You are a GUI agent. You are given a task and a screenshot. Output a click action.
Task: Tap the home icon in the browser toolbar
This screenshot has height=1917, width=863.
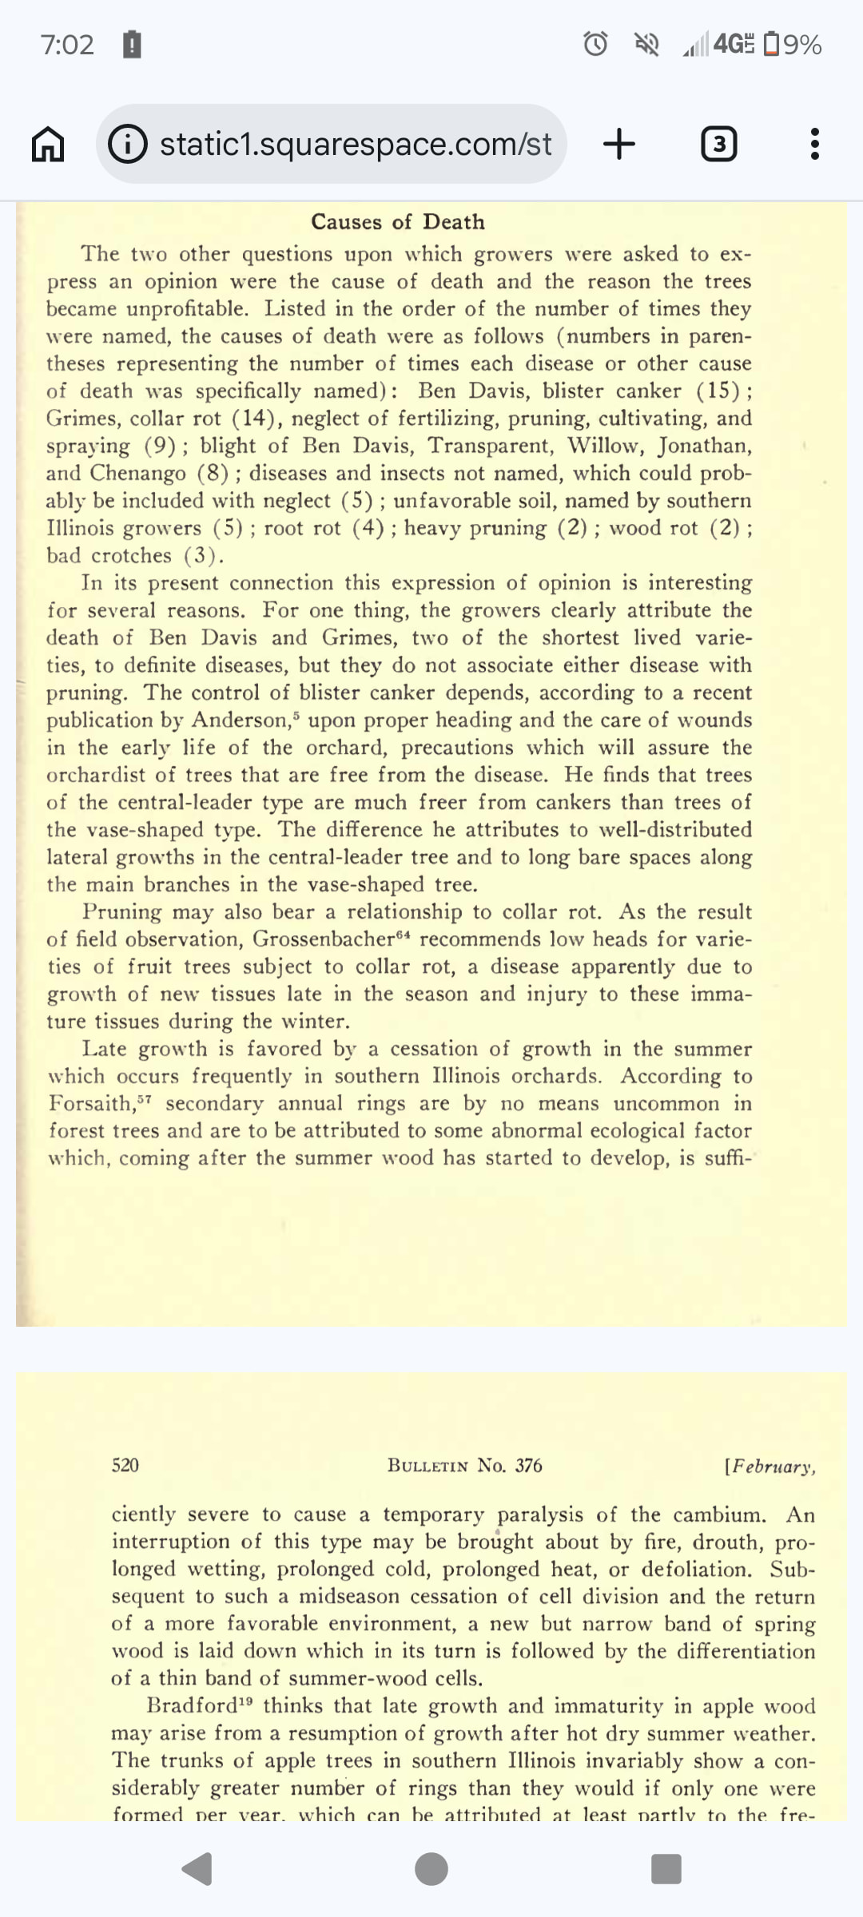(x=48, y=145)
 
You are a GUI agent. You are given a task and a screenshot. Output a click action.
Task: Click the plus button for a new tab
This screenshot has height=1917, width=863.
(x=619, y=145)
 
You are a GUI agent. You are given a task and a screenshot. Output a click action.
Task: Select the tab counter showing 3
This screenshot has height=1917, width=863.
(x=718, y=145)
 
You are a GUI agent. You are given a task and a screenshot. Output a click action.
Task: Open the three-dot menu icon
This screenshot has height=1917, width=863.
(x=814, y=145)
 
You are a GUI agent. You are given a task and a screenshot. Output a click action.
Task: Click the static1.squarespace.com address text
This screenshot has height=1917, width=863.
(x=356, y=145)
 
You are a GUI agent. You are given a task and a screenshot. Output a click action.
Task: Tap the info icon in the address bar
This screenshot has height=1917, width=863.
(x=128, y=145)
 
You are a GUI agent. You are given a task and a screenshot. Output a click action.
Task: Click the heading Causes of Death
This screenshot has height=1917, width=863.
(x=398, y=221)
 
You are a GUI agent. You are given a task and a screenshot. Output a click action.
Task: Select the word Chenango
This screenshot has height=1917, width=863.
(x=137, y=473)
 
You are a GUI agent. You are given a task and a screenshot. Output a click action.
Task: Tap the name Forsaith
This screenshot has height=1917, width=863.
(x=92, y=1104)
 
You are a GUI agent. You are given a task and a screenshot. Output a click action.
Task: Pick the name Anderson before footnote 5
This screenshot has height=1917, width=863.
(x=239, y=720)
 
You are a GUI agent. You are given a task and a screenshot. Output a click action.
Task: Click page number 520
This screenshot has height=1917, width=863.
(x=125, y=1465)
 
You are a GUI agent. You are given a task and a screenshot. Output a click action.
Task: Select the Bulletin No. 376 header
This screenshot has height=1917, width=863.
(x=464, y=1465)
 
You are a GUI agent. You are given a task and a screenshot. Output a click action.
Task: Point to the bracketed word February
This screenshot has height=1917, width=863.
(x=770, y=1467)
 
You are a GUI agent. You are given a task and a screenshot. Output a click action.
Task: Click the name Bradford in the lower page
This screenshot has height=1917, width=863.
(x=192, y=1706)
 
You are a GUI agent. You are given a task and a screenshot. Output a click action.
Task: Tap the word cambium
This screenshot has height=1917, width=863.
(x=718, y=1515)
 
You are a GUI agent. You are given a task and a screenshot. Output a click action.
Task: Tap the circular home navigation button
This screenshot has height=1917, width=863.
(x=431, y=1869)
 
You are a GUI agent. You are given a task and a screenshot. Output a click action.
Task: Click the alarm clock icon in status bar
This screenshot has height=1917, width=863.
(x=595, y=44)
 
